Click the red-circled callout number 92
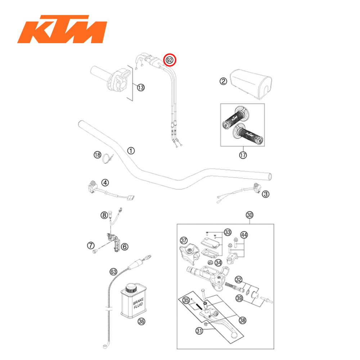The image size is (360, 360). click(169, 60)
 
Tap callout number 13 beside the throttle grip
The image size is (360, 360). click(140, 87)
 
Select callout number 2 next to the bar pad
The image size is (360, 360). click(223, 81)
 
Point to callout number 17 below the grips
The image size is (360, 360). click(243, 155)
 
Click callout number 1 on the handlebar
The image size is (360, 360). click(131, 150)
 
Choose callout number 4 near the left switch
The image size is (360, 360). click(105, 183)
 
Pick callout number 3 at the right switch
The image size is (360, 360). click(266, 194)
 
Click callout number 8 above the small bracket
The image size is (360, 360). click(104, 216)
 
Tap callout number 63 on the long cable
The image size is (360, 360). click(113, 271)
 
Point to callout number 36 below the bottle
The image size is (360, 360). click(141, 322)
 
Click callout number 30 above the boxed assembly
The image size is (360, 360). click(249, 215)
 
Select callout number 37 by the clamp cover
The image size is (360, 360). click(184, 240)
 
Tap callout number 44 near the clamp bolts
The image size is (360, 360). click(244, 235)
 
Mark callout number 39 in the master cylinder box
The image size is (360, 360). click(239, 298)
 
